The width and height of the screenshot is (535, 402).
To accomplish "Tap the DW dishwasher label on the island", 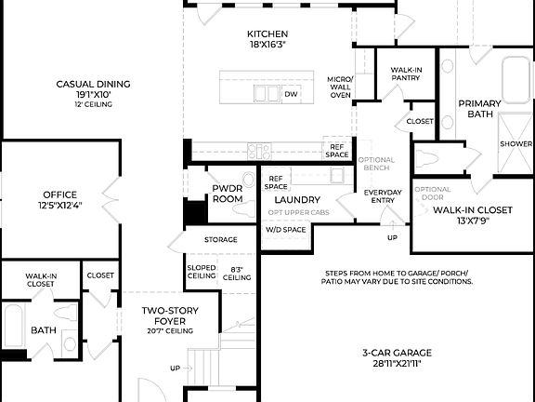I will click(x=291, y=94).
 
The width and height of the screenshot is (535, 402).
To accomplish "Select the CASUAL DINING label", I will click(x=93, y=85).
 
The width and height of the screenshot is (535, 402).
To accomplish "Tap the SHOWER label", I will click(x=515, y=144).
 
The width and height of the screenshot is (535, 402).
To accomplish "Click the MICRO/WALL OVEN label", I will click(x=340, y=87).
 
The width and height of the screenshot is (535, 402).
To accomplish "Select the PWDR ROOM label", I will click(x=227, y=194).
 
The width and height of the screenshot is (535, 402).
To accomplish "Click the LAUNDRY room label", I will click(x=297, y=199).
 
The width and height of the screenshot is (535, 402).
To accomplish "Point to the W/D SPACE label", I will click(x=286, y=229).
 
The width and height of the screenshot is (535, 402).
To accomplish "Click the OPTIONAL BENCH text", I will click(x=376, y=165).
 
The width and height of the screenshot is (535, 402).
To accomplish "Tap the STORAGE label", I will click(x=221, y=240).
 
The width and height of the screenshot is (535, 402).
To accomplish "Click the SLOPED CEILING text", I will click(x=202, y=271).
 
